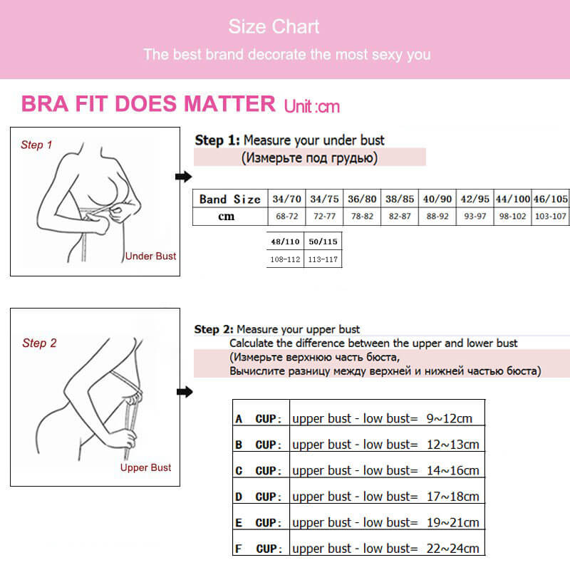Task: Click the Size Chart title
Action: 274,28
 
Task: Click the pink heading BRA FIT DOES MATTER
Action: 148,104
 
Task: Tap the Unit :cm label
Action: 312,107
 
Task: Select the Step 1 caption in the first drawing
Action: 36,145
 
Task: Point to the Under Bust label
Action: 150,256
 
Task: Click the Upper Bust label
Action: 145,467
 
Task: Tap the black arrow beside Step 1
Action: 184,177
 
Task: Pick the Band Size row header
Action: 229,199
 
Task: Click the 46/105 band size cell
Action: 551,199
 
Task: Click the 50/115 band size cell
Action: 323,242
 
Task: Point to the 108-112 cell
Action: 285,259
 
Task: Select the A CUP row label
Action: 261,419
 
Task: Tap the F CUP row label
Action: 261,549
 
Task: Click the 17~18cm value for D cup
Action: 452,497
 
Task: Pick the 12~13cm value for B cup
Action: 452,445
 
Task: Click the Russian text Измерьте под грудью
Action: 310,157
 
